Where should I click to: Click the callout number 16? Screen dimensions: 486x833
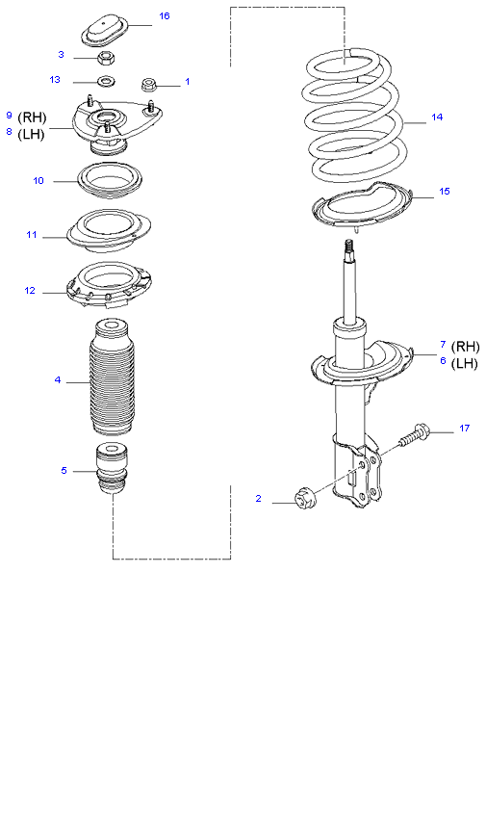165,16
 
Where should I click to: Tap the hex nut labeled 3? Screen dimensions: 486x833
107,57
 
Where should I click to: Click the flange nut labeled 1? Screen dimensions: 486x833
148,84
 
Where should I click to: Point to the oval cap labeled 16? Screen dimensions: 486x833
104,31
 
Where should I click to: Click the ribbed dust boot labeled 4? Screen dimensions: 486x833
112,377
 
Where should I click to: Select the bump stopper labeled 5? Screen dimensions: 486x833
112,470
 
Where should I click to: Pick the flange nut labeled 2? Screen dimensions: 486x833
305,498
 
